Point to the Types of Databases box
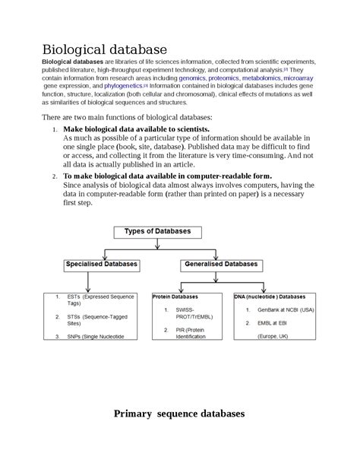tap(157, 231)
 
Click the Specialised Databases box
tap(101, 265)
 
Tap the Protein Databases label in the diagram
tap(175, 296)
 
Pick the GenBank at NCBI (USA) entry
tap(285, 309)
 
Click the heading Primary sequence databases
tap(179, 414)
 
